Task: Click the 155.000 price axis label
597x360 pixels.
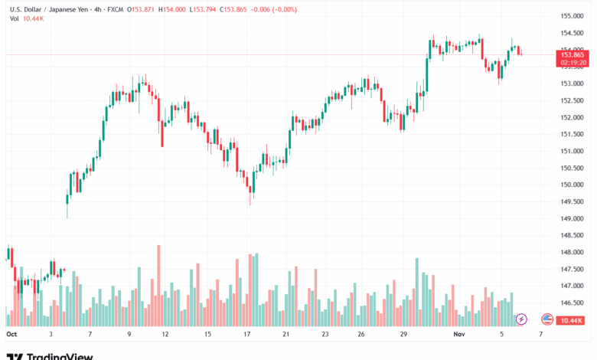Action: click(x=573, y=16)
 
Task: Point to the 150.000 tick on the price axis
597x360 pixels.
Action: click(x=573, y=185)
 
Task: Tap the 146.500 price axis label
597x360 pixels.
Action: click(x=573, y=303)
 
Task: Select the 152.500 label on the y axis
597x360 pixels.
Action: click(x=573, y=100)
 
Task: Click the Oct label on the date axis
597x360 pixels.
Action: click(x=11, y=335)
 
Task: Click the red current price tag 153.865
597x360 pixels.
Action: click(x=573, y=54)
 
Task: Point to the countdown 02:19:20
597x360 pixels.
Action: click(x=573, y=62)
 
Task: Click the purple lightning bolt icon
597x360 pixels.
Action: click(x=522, y=319)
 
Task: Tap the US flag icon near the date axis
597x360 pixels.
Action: click(x=546, y=319)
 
